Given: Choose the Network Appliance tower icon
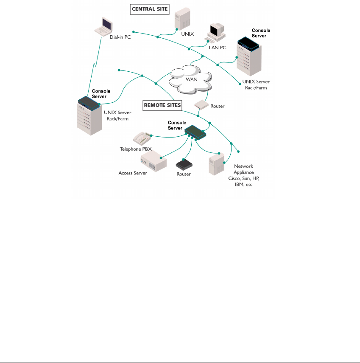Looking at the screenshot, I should [x=216, y=163].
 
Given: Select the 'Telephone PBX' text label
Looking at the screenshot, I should [x=136, y=149].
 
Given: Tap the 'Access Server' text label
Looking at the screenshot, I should [x=133, y=173].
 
